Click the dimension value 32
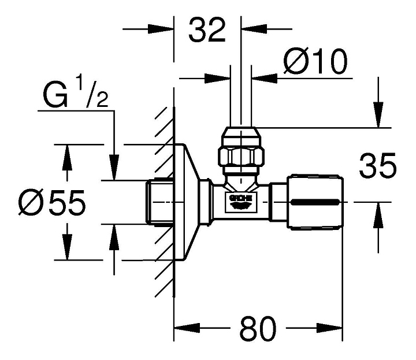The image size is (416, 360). [207, 29]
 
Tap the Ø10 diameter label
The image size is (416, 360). [315, 61]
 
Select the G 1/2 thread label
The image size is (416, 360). [75, 91]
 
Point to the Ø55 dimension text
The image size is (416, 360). [52, 202]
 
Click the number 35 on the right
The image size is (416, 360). [377, 165]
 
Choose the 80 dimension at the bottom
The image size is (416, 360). [258, 329]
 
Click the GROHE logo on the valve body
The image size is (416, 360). [241, 202]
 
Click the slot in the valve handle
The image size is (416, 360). [315, 202]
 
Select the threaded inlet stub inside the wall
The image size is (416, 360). [159, 202]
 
